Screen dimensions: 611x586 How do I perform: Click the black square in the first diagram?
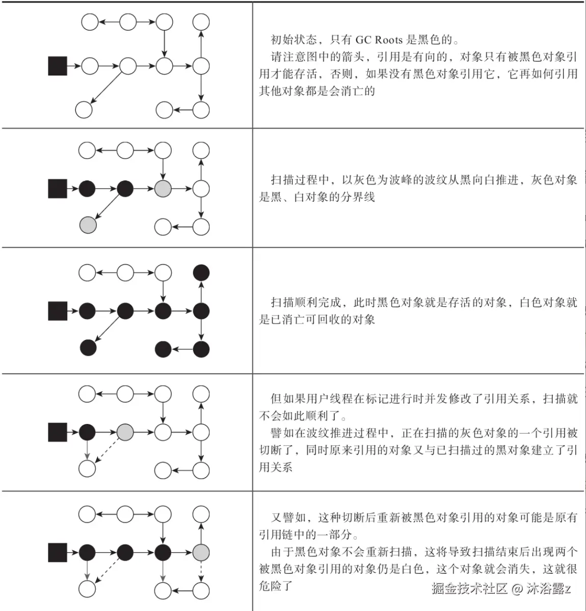point(58,66)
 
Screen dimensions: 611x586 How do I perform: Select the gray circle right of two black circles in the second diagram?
point(163,189)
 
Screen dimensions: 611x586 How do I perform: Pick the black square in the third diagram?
point(58,310)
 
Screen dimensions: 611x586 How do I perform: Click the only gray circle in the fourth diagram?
point(125,432)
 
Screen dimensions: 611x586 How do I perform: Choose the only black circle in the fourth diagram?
point(87,432)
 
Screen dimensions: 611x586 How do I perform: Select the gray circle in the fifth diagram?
point(201,552)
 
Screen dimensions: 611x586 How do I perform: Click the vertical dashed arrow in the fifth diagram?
point(201,571)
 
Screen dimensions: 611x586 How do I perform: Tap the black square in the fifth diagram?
point(58,552)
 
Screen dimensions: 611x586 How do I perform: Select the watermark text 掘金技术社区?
point(469,589)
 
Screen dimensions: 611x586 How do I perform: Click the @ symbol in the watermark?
point(517,590)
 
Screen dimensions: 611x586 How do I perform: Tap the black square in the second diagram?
point(58,189)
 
